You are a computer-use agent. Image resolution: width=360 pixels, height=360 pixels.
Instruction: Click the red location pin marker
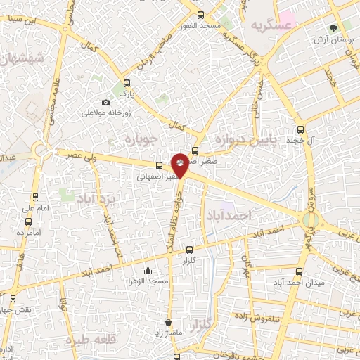point(180,164)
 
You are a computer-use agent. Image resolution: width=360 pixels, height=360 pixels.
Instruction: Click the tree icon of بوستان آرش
point(332,28)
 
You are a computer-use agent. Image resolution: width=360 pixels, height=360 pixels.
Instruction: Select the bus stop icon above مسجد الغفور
point(201,15)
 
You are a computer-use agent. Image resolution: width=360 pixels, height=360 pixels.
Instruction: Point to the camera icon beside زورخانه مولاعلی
point(105,103)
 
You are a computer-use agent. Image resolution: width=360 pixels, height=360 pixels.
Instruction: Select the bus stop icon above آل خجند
point(301,129)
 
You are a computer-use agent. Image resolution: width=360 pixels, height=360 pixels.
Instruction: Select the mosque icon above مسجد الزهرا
point(147,271)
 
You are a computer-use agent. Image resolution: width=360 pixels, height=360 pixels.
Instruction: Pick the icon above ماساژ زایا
point(167,323)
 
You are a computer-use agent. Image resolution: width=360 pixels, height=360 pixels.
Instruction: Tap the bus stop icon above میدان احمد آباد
point(300,272)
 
